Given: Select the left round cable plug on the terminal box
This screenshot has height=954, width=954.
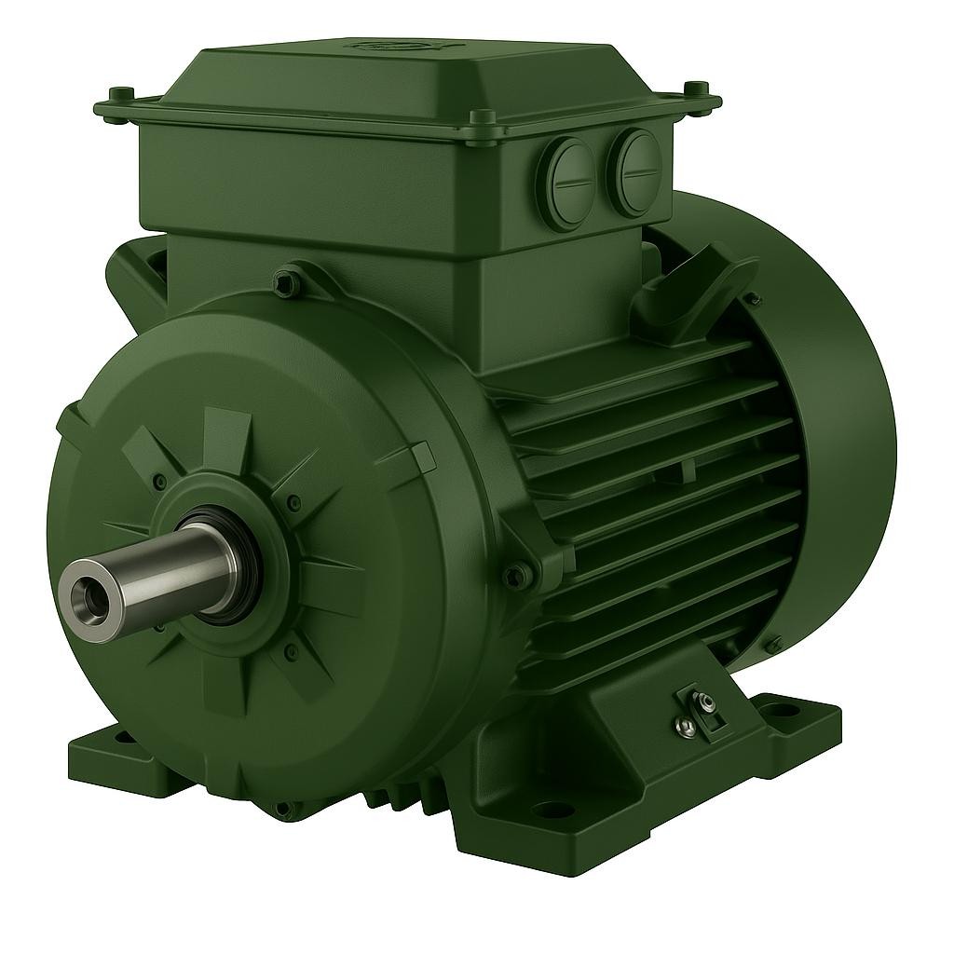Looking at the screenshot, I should pyautogui.click(x=569, y=170).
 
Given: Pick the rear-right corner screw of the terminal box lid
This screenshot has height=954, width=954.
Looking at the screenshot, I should pyautogui.click(x=694, y=89).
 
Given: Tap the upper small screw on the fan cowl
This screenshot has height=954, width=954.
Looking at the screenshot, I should pyautogui.click(x=751, y=300).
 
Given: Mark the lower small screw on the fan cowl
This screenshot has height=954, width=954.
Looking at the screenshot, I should pyautogui.click(x=772, y=643).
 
